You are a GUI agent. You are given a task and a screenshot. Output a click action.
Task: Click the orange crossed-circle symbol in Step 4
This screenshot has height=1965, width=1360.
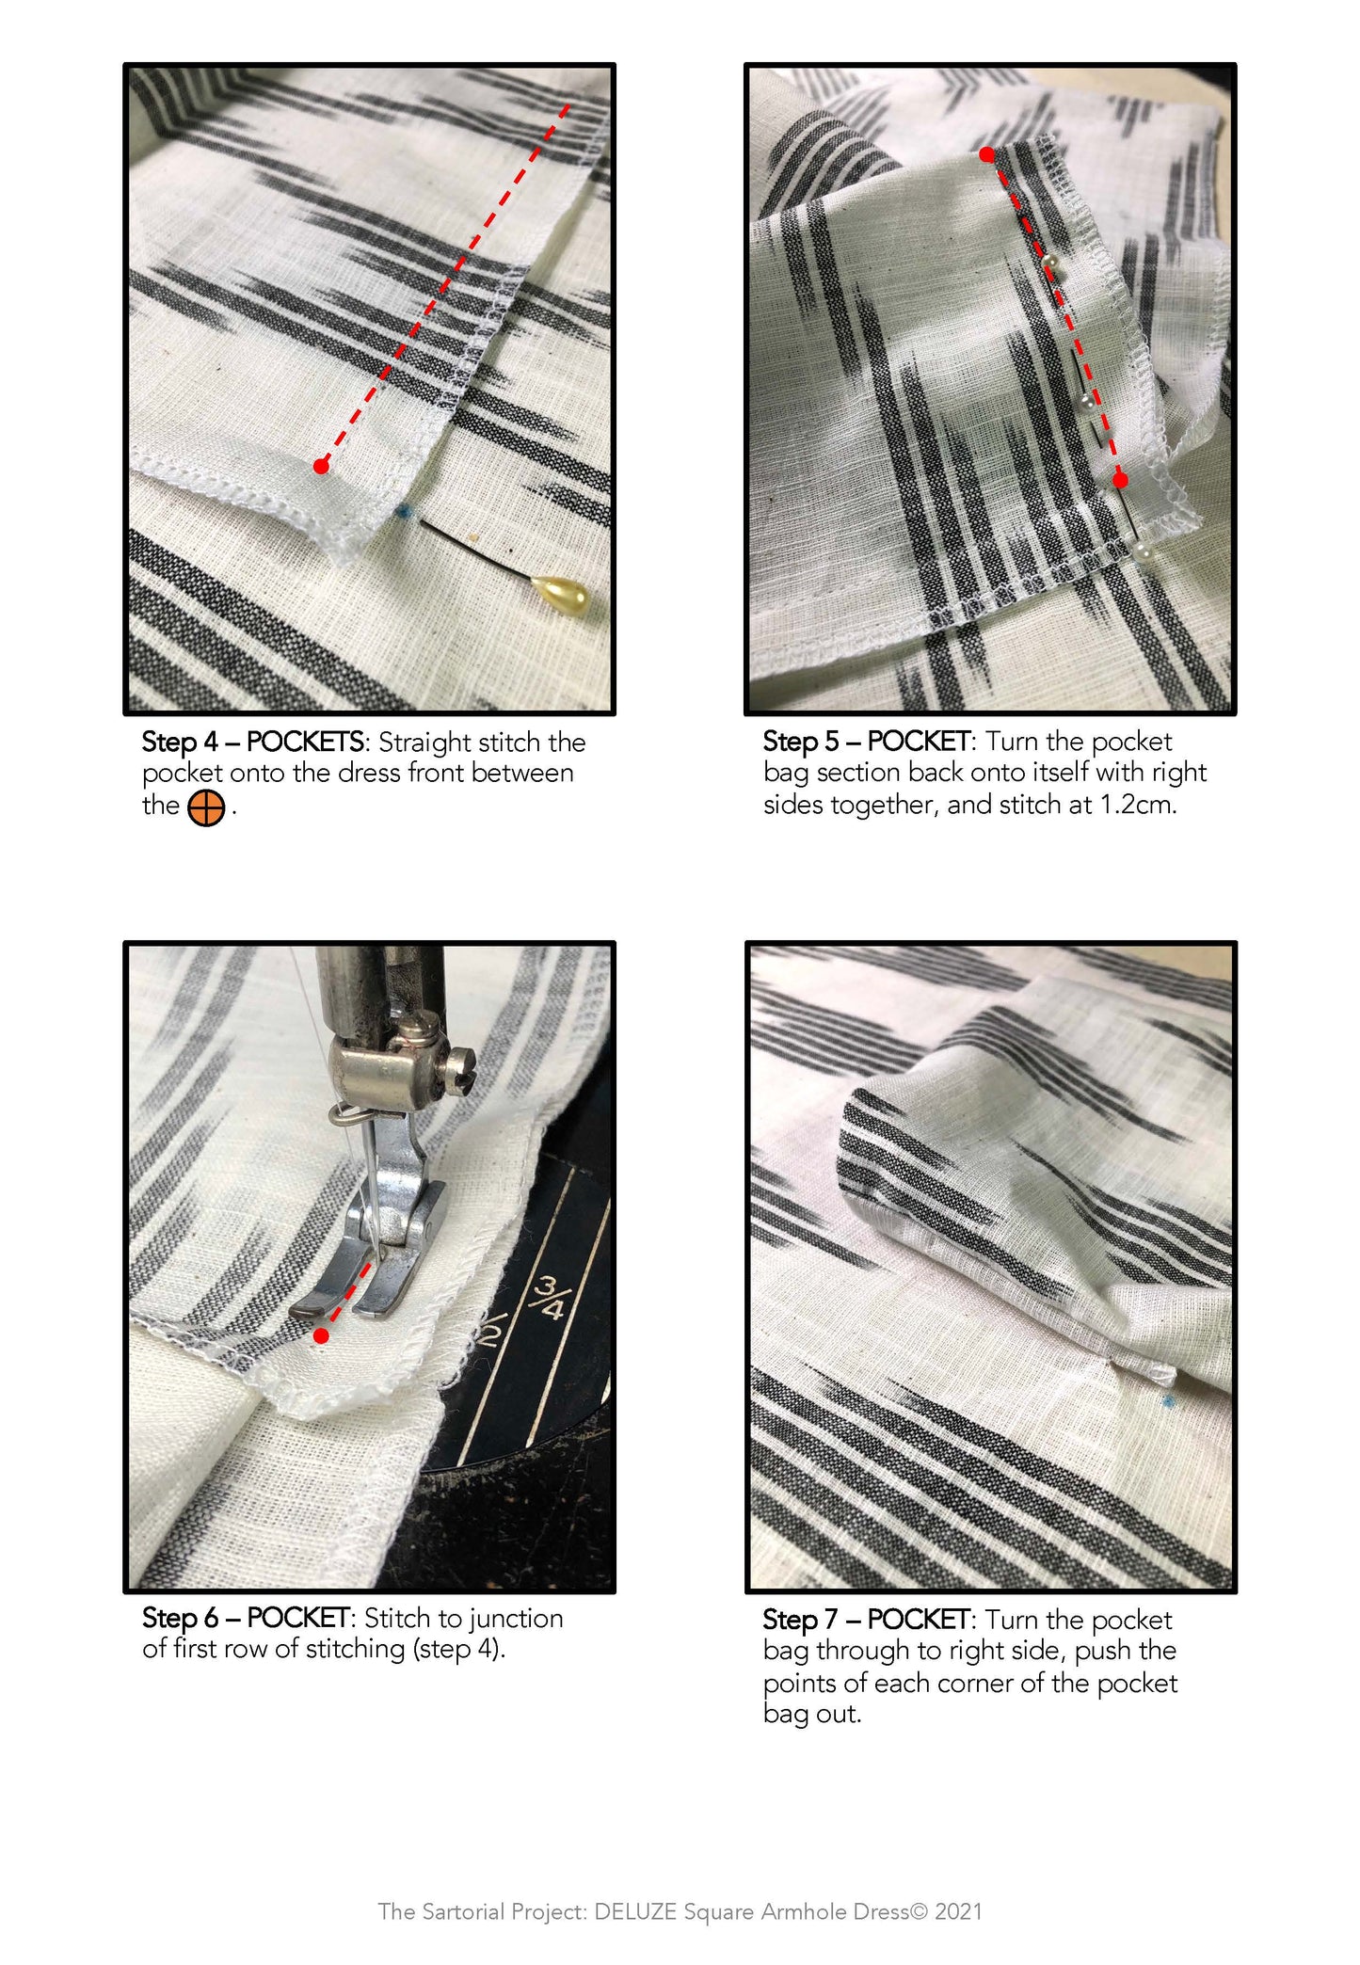pos(206,808)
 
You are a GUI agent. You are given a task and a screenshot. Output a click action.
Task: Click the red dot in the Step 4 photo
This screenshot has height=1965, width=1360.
pos(322,466)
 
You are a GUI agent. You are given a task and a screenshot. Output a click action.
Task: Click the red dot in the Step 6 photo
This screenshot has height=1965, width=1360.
pos(322,1335)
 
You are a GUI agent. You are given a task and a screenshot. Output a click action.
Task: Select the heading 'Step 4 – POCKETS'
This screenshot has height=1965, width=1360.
pos(253,742)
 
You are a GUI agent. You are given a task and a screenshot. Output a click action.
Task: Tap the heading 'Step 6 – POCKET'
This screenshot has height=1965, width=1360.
pos(247,1618)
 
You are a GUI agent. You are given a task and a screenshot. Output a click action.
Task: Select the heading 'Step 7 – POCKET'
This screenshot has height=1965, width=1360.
pos(867,1620)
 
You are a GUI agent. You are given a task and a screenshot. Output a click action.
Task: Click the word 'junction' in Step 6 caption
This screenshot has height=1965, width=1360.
pos(516,1619)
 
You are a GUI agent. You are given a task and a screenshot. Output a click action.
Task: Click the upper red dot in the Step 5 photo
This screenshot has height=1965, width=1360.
pos(986,154)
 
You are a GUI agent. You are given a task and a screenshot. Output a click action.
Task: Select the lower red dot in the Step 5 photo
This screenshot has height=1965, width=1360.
pos(1120,480)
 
